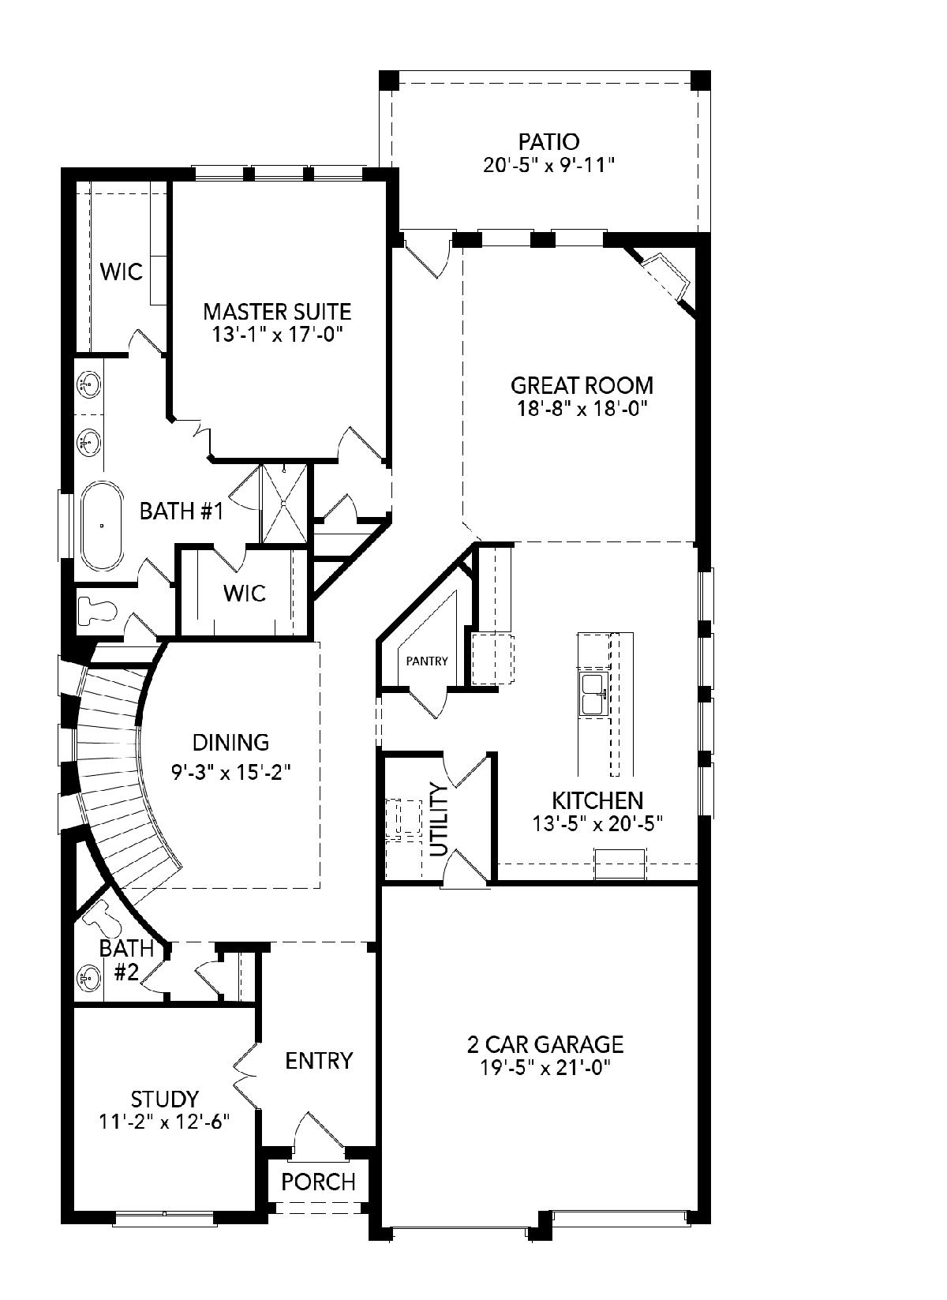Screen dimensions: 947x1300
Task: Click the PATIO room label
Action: click(x=548, y=141)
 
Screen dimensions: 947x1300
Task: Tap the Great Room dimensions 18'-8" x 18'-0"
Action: click(x=582, y=409)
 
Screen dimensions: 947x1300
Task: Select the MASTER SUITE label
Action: click(x=277, y=312)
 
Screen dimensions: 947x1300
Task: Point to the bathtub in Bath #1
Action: click(x=102, y=526)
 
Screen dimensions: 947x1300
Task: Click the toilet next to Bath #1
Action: click(x=98, y=611)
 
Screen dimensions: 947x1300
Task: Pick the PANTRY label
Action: click(x=427, y=661)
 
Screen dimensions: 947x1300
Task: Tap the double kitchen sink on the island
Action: click(x=592, y=694)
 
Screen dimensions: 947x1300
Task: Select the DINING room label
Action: click(x=231, y=742)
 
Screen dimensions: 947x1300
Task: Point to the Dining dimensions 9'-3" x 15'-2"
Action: click(x=231, y=773)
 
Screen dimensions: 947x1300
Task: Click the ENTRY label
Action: click(x=319, y=1061)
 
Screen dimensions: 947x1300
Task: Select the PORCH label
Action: click(x=319, y=1182)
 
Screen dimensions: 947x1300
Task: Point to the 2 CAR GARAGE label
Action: click(x=545, y=1044)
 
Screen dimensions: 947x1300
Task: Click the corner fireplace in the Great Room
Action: click(x=664, y=276)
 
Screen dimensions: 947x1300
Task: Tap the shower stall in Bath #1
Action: click(x=284, y=503)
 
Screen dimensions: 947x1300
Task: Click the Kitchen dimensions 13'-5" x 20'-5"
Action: click(x=597, y=823)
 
